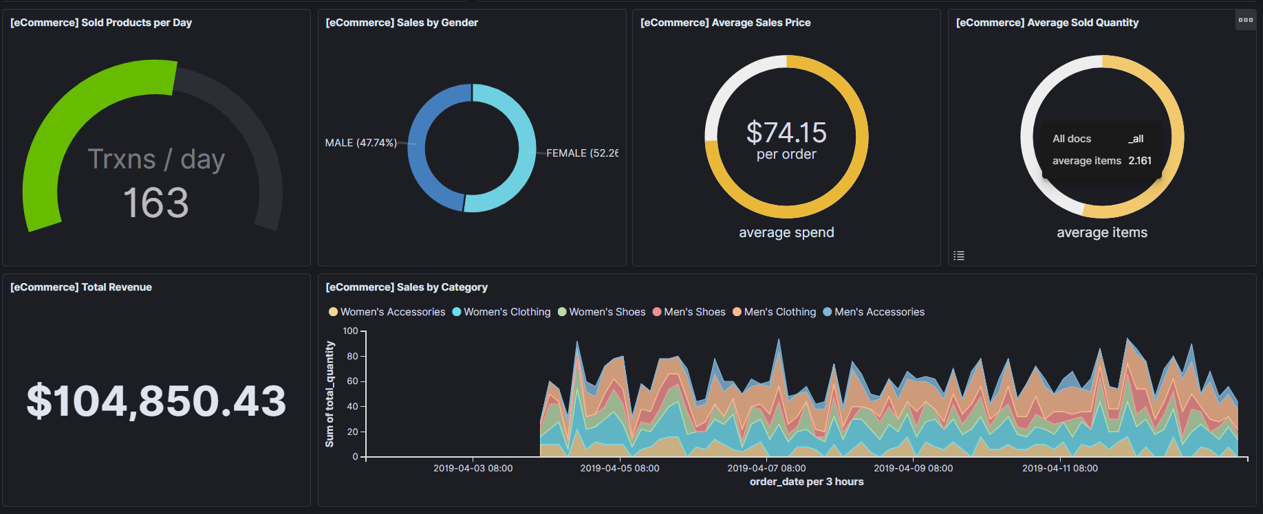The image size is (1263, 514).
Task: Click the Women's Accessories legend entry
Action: pyautogui.click(x=387, y=312)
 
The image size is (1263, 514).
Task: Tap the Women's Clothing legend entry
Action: pyautogui.click(x=501, y=312)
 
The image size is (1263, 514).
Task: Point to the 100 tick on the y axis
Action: pyautogui.click(x=350, y=331)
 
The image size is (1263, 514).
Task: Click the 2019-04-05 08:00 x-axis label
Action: pyautogui.click(x=619, y=468)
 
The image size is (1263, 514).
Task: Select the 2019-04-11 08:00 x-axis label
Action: pyautogui.click(x=1059, y=468)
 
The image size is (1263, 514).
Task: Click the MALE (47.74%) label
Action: pyautogui.click(x=360, y=143)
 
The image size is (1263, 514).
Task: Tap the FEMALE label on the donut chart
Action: pyautogui.click(x=581, y=153)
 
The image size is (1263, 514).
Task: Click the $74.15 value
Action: pyautogui.click(x=786, y=133)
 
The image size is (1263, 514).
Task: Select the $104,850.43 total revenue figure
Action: pyautogui.click(x=156, y=401)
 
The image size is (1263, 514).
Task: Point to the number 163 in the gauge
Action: pyautogui.click(x=155, y=203)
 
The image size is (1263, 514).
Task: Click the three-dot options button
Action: pyautogui.click(x=1245, y=20)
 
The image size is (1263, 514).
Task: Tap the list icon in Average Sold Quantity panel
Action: pyautogui.click(x=959, y=256)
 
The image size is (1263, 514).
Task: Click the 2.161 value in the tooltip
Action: pyautogui.click(x=1140, y=161)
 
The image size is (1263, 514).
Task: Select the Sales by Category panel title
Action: pyautogui.click(x=406, y=287)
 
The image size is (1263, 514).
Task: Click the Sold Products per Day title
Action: pyautogui.click(x=101, y=23)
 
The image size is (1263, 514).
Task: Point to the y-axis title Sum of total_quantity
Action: pyautogui.click(x=330, y=394)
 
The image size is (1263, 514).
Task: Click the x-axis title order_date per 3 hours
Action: pyautogui.click(x=806, y=482)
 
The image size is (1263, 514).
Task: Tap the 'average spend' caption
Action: pyautogui.click(x=786, y=233)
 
